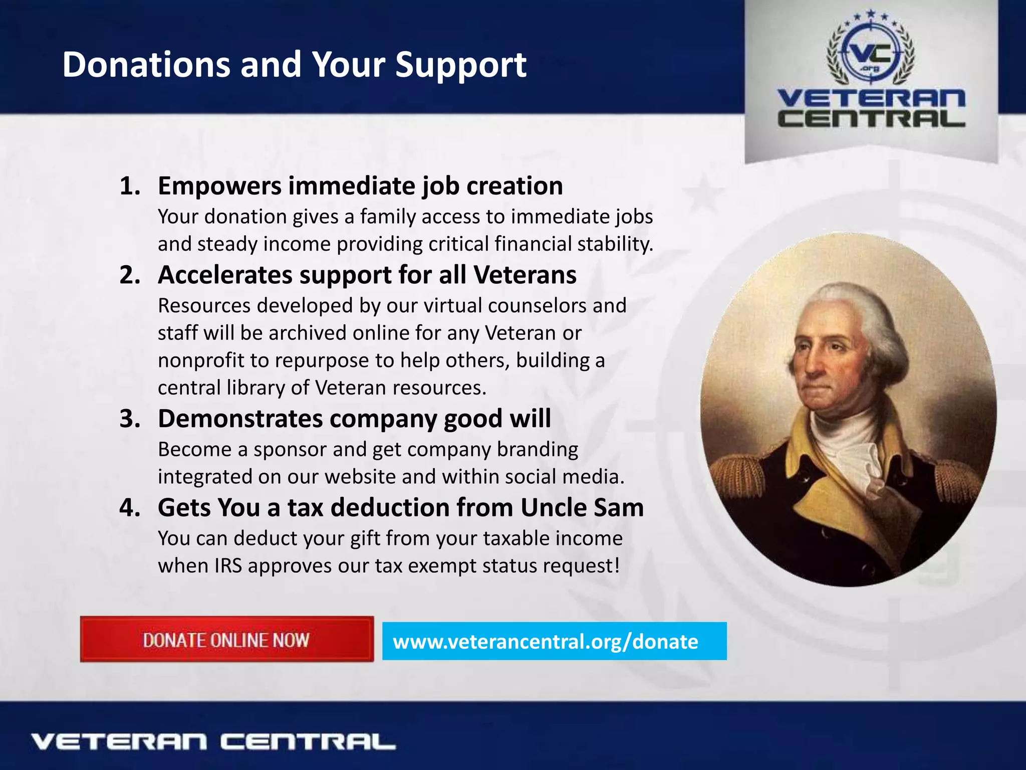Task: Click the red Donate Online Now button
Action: pyautogui.click(x=226, y=640)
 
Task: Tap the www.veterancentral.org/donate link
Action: pyautogui.click(x=545, y=642)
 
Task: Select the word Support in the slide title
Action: pyautogui.click(x=460, y=65)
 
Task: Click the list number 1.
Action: pyautogui.click(x=129, y=186)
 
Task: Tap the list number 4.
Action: pyautogui.click(x=129, y=507)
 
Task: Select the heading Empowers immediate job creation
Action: pyautogui.click(x=360, y=186)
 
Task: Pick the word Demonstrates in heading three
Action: pyautogui.click(x=240, y=419)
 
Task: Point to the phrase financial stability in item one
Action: pyautogui.click(x=574, y=244)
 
